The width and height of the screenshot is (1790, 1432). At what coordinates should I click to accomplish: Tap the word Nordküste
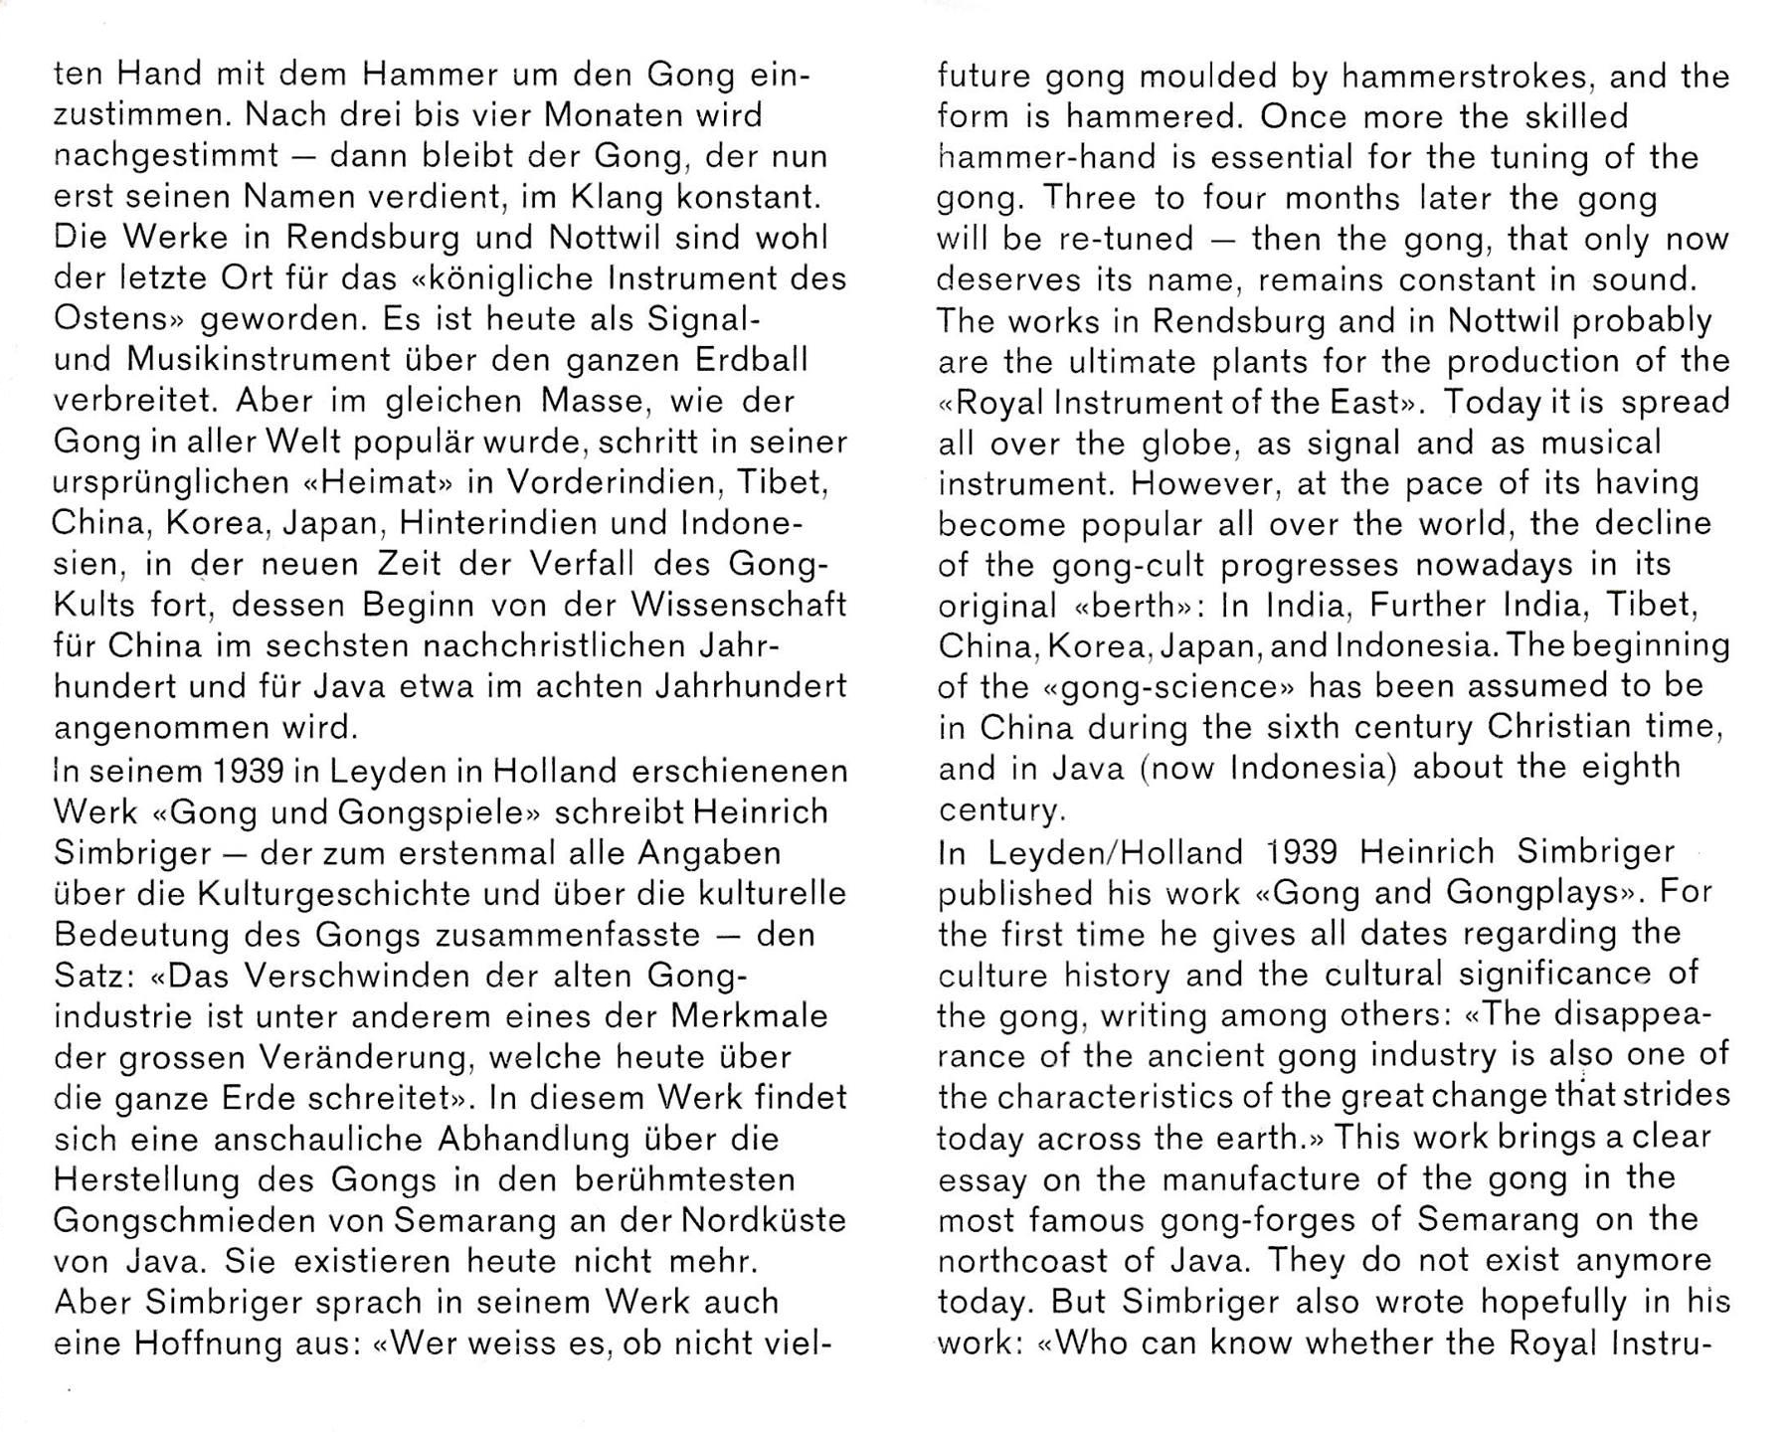coord(764,1220)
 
